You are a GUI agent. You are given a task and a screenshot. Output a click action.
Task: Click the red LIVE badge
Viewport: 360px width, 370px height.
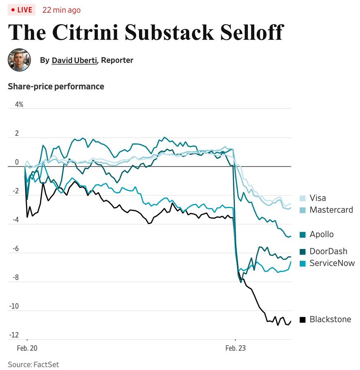[x=21, y=10]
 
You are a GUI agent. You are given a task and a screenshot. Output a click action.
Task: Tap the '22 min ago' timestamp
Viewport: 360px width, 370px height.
[x=61, y=10]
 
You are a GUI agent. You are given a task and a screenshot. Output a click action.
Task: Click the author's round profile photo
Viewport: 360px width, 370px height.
[x=19, y=60]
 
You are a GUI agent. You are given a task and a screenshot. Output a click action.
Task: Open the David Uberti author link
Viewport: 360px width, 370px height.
[x=74, y=60]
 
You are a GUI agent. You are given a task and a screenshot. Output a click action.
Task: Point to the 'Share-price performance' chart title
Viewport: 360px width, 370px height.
[x=56, y=86]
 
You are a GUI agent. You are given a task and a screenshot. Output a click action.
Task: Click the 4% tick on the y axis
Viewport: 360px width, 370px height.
[x=19, y=104]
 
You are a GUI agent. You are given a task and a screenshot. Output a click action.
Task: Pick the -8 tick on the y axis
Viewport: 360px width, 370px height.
[x=15, y=277]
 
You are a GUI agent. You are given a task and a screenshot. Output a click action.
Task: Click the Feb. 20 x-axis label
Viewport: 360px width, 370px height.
[x=27, y=348]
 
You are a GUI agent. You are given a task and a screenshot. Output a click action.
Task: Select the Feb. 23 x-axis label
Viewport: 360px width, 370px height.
[x=235, y=348]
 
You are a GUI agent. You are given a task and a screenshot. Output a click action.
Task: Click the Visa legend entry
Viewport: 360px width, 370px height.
[x=317, y=198]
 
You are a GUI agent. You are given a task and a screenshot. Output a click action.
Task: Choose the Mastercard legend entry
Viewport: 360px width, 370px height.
[x=331, y=210]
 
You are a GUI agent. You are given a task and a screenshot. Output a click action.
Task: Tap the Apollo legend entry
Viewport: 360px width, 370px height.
[x=321, y=234]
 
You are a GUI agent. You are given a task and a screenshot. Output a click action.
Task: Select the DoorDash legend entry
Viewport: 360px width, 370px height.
[x=328, y=251]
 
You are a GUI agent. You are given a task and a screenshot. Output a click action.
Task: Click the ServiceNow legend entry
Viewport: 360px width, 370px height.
[x=332, y=263]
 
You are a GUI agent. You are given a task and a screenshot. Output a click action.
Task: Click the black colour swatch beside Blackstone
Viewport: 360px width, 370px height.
[x=303, y=319]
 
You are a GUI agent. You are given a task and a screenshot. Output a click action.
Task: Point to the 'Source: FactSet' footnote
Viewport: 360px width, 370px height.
[x=33, y=364]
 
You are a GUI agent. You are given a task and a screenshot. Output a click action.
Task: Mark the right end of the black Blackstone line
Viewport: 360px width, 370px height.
[x=291, y=321]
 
